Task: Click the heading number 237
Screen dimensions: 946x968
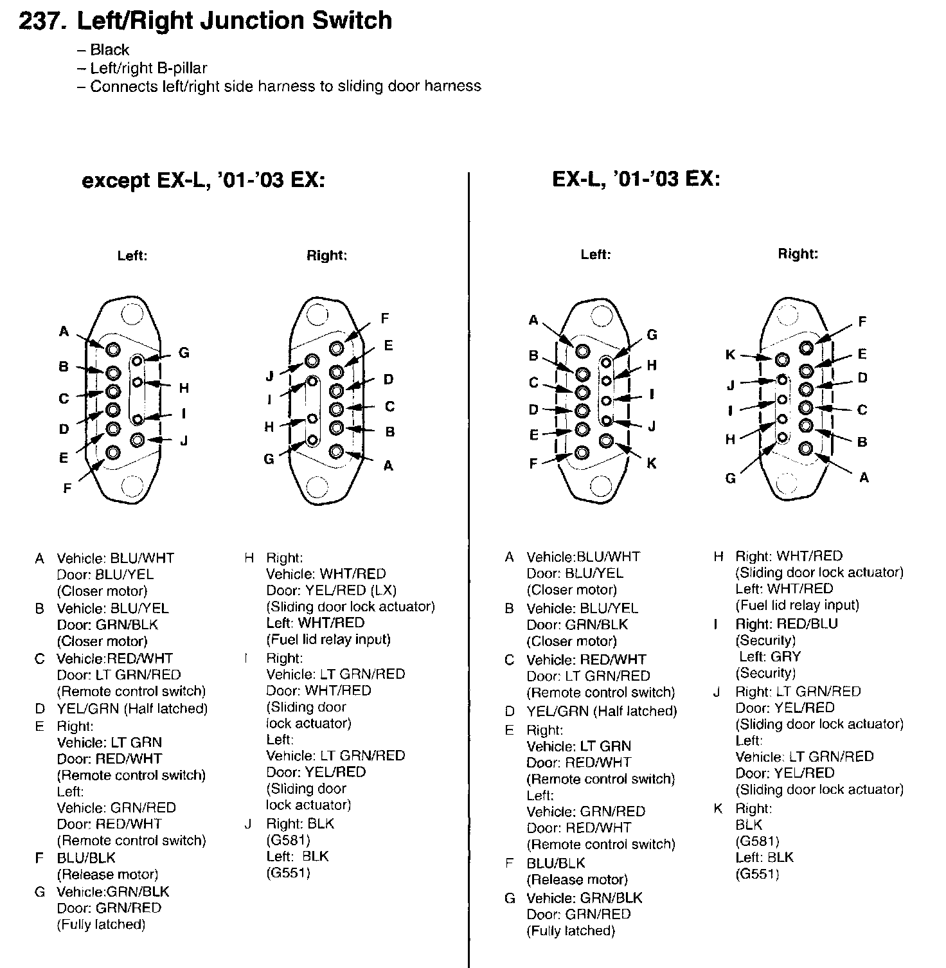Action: [x=42, y=21]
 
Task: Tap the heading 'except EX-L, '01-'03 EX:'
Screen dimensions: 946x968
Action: [x=203, y=181]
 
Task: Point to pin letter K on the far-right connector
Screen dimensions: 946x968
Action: [x=730, y=355]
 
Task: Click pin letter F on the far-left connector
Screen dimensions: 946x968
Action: [x=67, y=488]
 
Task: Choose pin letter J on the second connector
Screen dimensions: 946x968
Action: [x=270, y=377]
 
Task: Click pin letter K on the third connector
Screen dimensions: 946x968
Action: [x=652, y=463]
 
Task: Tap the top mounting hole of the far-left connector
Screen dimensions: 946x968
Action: [x=132, y=315]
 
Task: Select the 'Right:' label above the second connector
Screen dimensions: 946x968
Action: [x=326, y=256]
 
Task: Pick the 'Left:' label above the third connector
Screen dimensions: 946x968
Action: [x=595, y=255]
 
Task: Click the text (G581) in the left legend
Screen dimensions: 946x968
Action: [x=288, y=840]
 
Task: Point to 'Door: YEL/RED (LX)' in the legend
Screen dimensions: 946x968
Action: [x=331, y=590]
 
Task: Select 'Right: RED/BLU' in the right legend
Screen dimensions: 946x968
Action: [x=787, y=624]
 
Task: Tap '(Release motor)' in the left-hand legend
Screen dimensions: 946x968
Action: [x=107, y=874]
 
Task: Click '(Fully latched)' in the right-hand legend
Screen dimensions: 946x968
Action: [x=571, y=931]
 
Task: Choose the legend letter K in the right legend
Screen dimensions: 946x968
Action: [x=718, y=809]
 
